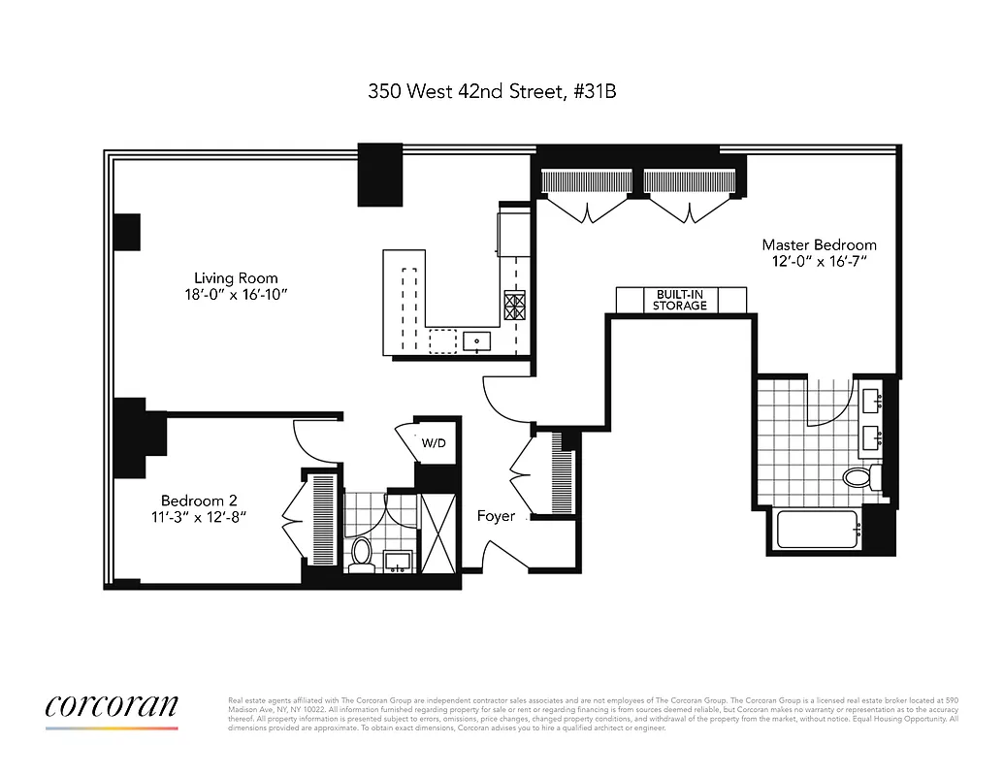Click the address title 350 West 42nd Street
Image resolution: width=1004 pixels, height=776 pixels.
click(492, 92)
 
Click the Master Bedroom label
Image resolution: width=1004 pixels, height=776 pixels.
click(819, 244)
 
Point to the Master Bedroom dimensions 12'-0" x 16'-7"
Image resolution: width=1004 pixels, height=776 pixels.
click(819, 262)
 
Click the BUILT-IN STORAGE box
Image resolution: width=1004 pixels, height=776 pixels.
click(680, 300)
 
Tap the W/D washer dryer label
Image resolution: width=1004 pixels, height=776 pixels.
click(434, 443)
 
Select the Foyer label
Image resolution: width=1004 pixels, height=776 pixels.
click(496, 516)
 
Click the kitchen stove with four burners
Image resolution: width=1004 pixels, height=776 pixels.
click(514, 307)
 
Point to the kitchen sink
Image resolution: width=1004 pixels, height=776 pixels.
click(477, 341)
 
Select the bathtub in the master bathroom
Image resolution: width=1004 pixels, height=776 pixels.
click(817, 530)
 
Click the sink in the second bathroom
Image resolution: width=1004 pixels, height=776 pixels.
click(397, 561)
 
